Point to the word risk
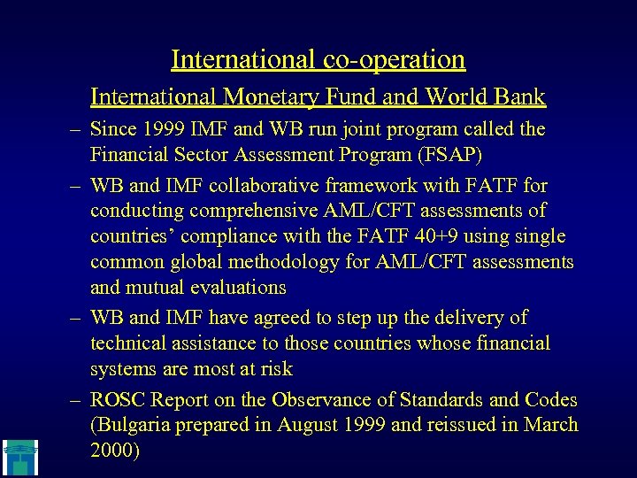[275, 368]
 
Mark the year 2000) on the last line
[115, 450]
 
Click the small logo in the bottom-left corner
[19, 455]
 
